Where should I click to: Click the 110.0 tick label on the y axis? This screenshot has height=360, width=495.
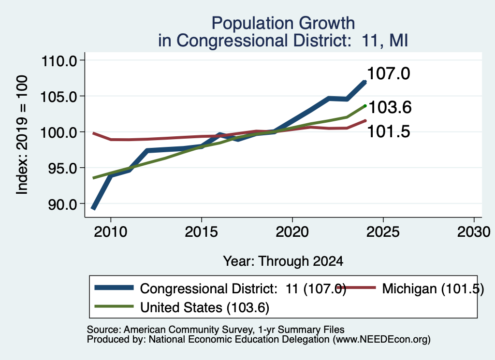pos(59,60)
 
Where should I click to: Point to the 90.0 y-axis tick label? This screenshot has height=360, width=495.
pos(62,204)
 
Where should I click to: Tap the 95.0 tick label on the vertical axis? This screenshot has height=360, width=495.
pos(62,169)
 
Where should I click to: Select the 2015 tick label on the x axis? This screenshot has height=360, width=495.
pos(201,232)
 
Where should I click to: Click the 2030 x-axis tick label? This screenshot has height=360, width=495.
pos(474,232)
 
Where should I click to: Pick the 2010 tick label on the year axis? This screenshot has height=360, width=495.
pos(111,232)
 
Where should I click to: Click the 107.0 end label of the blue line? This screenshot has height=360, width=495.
pos(388,73)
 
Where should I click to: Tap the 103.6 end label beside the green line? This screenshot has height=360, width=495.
pos(390,107)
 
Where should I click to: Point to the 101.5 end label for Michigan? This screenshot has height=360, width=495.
pos(388,131)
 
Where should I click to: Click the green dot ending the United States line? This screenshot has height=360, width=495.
pos(365,106)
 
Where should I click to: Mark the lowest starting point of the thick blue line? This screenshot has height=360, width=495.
pos(93,209)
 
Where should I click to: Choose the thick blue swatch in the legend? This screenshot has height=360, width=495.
pos(114,288)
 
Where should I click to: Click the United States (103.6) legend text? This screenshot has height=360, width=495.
pos(204,307)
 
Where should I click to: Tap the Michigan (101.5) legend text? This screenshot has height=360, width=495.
pos(433,288)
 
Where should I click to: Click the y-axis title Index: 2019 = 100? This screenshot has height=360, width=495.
pos(22,135)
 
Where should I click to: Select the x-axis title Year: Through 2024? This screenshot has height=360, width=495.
pos(283,261)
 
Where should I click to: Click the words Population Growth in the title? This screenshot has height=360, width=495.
pos(283,23)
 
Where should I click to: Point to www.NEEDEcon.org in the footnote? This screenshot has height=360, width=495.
pos(381,339)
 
